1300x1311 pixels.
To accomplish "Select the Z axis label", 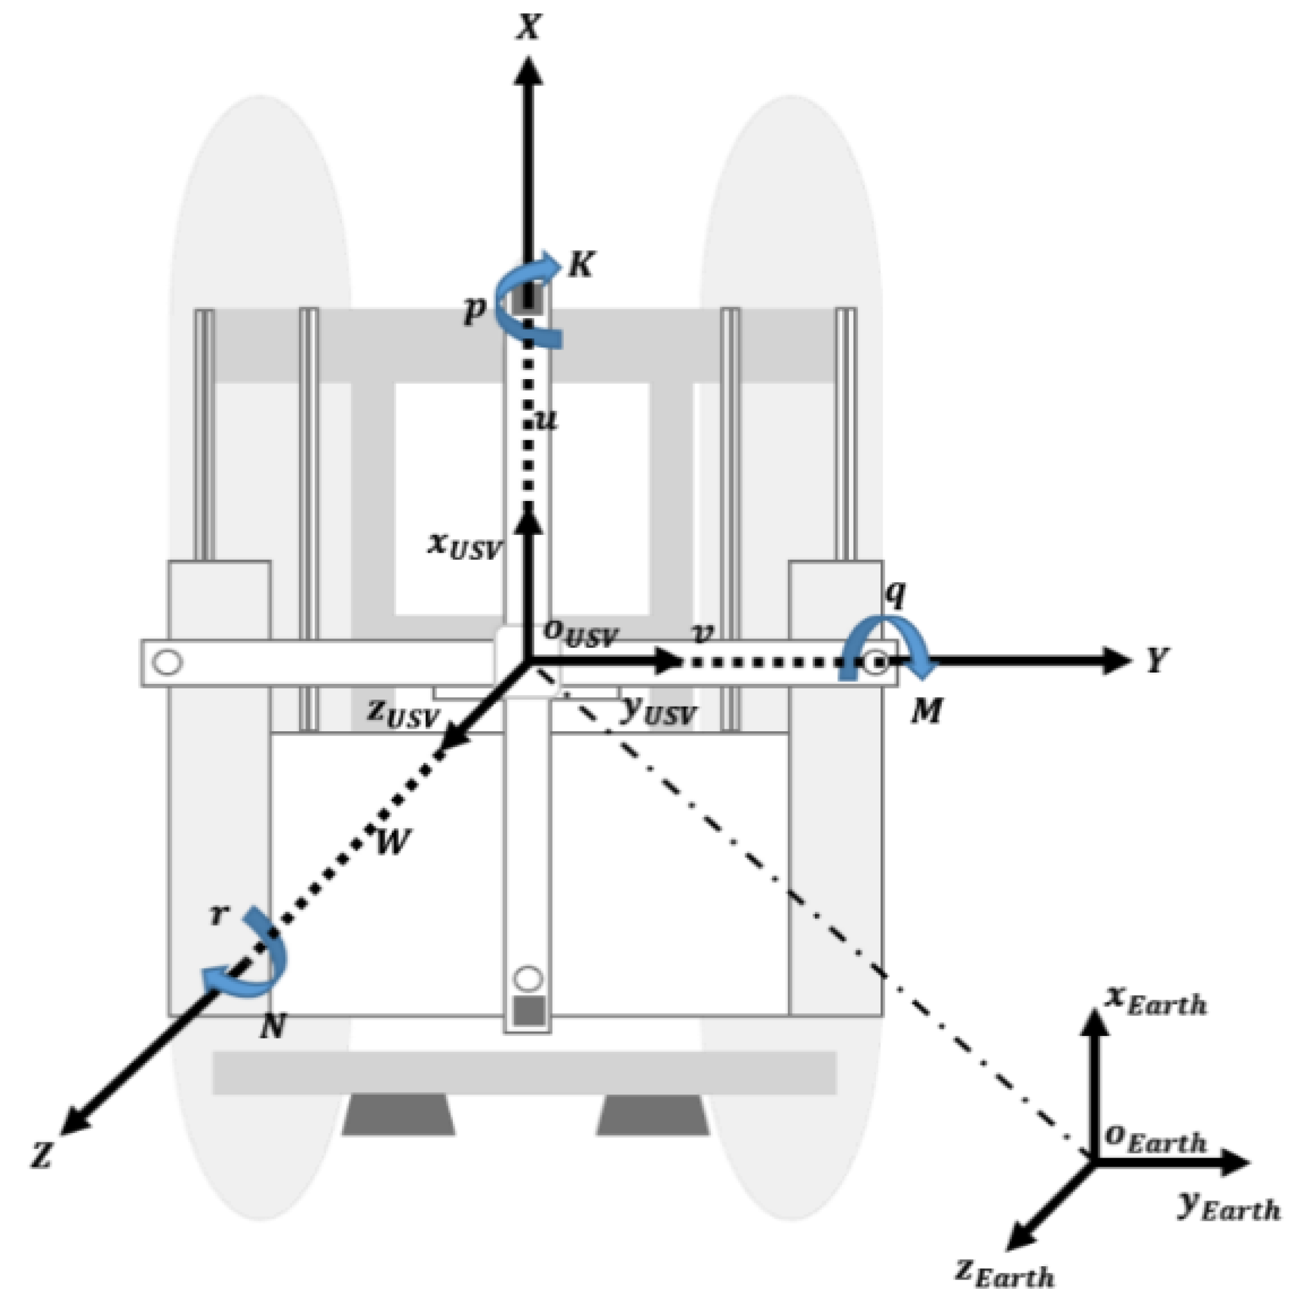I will [x=42, y=1155].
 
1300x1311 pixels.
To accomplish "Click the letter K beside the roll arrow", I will [x=581, y=264].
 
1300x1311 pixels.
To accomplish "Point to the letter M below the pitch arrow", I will [x=926, y=712].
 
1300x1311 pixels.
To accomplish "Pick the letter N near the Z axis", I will [x=272, y=1026].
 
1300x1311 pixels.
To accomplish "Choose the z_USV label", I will [x=403, y=713].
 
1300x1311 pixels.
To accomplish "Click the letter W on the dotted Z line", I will [x=392, y=842].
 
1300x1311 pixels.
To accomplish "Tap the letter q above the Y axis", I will [x=896, y=594].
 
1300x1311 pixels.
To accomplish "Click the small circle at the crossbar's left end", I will [x=168, y=662].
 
